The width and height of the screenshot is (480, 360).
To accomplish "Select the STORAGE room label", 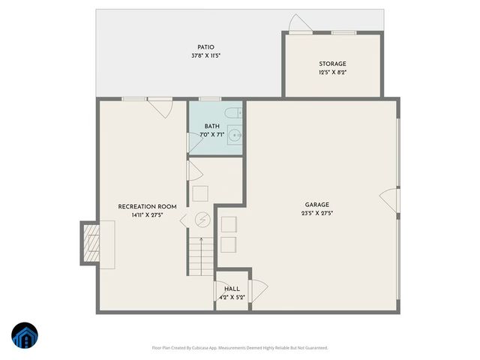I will tap(332, 64).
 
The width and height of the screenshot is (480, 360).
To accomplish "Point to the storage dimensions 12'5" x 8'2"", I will tap(332, 73).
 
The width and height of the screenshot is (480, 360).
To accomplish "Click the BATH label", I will tap(211, 126).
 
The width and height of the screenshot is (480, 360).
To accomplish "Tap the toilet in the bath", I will tap(235, 115).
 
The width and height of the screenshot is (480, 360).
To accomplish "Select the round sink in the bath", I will tap(235, 136).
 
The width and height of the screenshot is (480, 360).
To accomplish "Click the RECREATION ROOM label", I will tap(147, 206).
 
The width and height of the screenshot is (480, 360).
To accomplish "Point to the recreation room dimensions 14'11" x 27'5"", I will tap(147, 215).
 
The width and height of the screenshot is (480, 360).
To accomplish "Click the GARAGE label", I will tap(316, 204).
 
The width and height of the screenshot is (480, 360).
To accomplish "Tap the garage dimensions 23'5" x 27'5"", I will tap(316, 213).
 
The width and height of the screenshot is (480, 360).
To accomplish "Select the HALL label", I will tap(232, 288).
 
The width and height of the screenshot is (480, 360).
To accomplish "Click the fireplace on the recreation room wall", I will tap(91, 244).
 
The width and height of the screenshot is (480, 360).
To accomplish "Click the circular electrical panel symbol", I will tap(201, 220).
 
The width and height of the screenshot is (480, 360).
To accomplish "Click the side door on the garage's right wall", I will tap(391, 200).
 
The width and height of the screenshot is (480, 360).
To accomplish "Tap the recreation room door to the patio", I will tap(159, 108).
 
